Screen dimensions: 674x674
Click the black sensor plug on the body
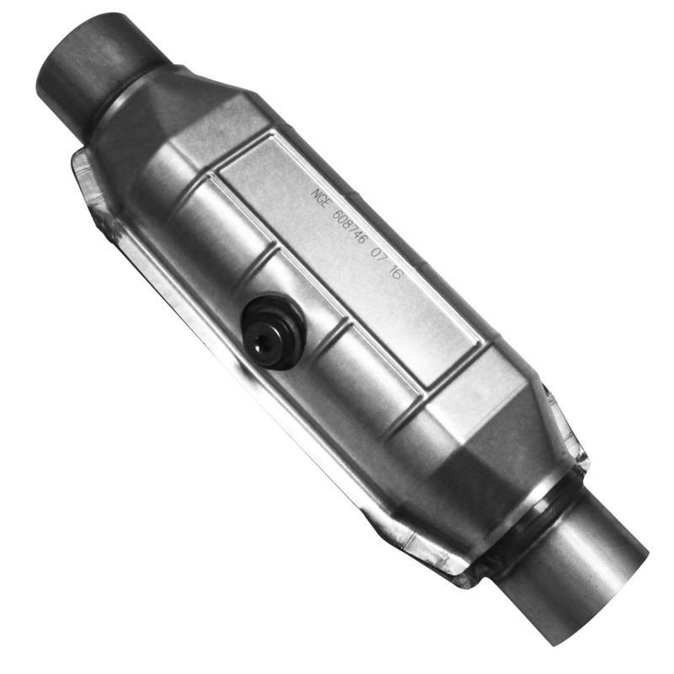(x=271, y=330)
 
